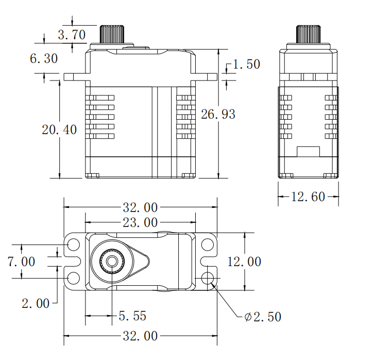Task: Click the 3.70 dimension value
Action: click(72, 36)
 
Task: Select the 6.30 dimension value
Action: click(44, 59)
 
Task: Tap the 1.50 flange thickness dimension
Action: click(246, 64)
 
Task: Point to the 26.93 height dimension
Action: click(218, 114)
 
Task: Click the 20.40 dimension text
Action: click(59, 129)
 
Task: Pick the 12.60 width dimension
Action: click(309, 197)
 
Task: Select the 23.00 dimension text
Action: click(140, 223)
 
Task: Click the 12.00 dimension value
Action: click(244, 261)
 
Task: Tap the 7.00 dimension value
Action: click(22, 261)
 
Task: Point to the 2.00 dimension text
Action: click(36, 303)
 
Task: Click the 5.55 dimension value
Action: click(132, 316)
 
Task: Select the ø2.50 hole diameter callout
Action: click(263, 317)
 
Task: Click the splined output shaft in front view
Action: click(113, 34)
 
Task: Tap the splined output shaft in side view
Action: click(309, 34)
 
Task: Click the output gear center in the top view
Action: click(112, 261)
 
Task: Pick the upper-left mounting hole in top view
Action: click(73, 244)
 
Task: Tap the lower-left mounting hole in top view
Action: click(73, 279)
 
